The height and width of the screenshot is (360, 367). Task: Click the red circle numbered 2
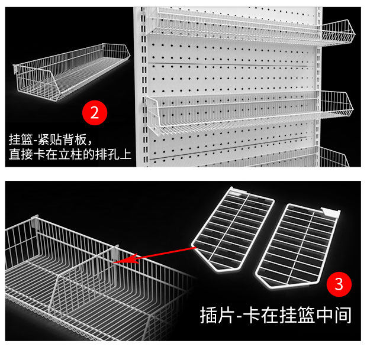click(95, 113)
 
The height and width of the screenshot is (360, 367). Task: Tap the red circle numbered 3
click(339, 284)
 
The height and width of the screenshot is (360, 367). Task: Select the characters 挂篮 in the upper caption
click(21, 140)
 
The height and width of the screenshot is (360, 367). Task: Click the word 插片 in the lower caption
click(217, 315)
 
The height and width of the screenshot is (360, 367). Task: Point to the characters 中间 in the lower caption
click(334, 315)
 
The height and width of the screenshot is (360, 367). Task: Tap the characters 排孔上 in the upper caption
click(113, 154)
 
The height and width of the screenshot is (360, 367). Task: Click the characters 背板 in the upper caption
click(75, 140)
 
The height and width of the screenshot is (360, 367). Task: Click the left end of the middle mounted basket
click(153, 115)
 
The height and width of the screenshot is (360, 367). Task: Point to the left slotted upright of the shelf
click(143, 86)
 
